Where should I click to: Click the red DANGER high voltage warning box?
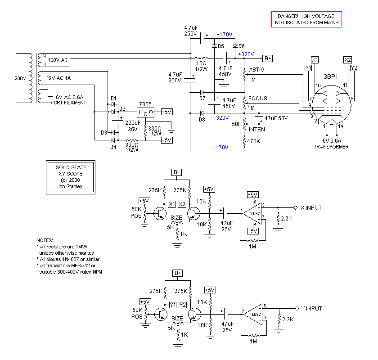[306, 19]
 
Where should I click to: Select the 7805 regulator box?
[145, 112]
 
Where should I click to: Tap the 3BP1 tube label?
[330, 76]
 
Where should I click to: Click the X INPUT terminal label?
[311, 207]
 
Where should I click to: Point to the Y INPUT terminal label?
[312, 308]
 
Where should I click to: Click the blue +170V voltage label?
[225, 35]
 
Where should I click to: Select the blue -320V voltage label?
[221, 117]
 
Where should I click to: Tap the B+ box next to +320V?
[268, 58]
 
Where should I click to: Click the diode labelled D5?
[214, 46]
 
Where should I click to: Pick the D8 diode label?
[202, 120]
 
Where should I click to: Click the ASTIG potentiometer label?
[256, 70]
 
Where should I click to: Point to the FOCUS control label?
[258, 99]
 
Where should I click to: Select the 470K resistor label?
[254, 141]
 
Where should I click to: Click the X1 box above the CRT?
[315, 60]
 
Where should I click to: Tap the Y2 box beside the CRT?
[354, 68]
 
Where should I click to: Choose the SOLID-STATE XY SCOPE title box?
[71, 177]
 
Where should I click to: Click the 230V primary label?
[20, 78]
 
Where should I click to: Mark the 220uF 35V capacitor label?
[133, 126]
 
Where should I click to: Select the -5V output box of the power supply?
[167, 140]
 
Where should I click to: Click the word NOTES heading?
[45, 240]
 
